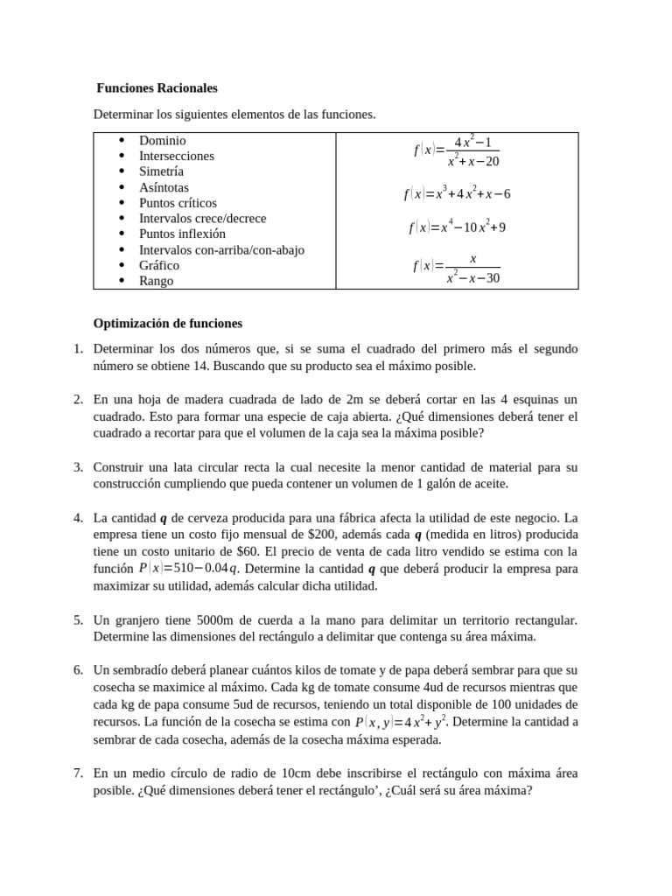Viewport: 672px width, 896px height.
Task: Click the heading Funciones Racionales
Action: [157, 88]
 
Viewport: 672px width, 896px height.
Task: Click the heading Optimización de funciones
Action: [168, 323]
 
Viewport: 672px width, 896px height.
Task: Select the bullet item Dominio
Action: [162, 140]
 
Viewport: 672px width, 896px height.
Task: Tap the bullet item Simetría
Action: [161, 171]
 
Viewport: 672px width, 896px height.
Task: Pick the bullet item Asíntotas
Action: [164, 187]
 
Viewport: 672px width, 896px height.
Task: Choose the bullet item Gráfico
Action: [159, 265]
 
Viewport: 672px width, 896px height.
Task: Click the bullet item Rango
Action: [156, 281]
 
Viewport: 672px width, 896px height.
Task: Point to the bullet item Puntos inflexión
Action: [182, 234]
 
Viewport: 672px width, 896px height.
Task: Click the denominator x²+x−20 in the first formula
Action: [472, 162]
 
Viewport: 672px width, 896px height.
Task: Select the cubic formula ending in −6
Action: [457, 193]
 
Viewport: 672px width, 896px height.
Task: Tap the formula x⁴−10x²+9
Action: [457, 227]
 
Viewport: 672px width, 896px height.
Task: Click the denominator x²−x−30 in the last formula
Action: [472, 278]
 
